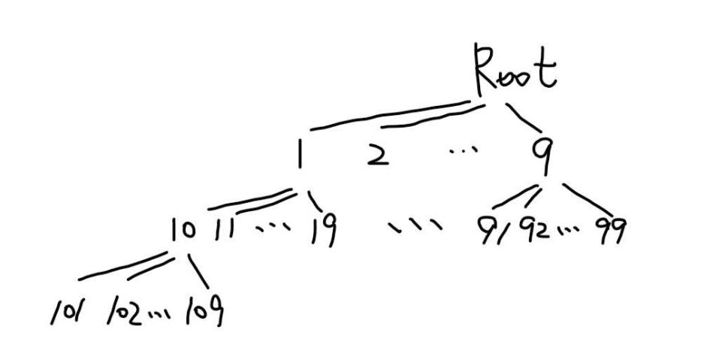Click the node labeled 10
pos(183,230)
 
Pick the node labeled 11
pos(223,229)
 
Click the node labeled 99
pos(610,228)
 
